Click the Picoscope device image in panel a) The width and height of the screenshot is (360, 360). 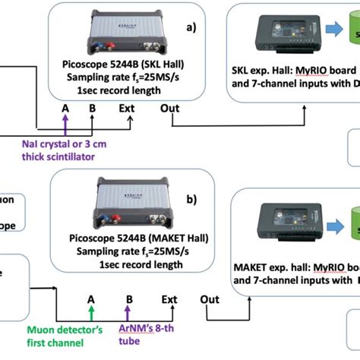[124, 31]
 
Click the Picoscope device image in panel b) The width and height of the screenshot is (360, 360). [124, 206]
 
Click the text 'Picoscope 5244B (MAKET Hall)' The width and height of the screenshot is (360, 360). [125, 239]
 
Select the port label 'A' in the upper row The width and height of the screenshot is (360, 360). [66, 108]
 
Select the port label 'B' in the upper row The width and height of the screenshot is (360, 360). [92, 108]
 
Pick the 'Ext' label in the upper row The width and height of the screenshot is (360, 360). [128, 108]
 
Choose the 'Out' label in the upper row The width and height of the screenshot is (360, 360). [171, 108]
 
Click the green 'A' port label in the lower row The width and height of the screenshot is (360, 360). [91, 299]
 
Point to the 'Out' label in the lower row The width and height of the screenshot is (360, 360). [211, 299]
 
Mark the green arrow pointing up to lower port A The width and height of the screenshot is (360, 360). [91, 313]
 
